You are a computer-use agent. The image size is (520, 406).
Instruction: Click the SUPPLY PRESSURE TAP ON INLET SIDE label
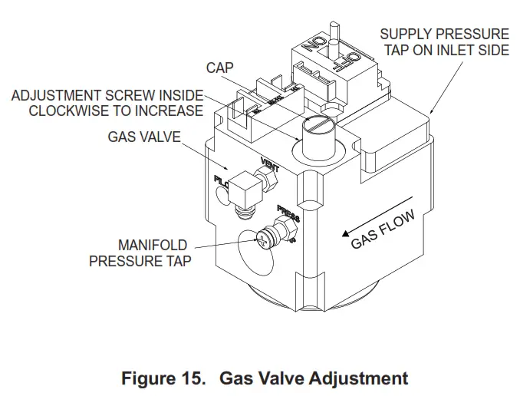click(444, 42)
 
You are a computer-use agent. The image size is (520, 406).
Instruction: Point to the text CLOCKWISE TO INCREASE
click(116, 111)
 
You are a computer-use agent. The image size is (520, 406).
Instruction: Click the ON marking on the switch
click(310, 45)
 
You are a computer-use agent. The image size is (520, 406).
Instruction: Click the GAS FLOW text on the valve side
click(383, 231)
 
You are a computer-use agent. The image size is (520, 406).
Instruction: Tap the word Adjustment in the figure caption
click(360, 378)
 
